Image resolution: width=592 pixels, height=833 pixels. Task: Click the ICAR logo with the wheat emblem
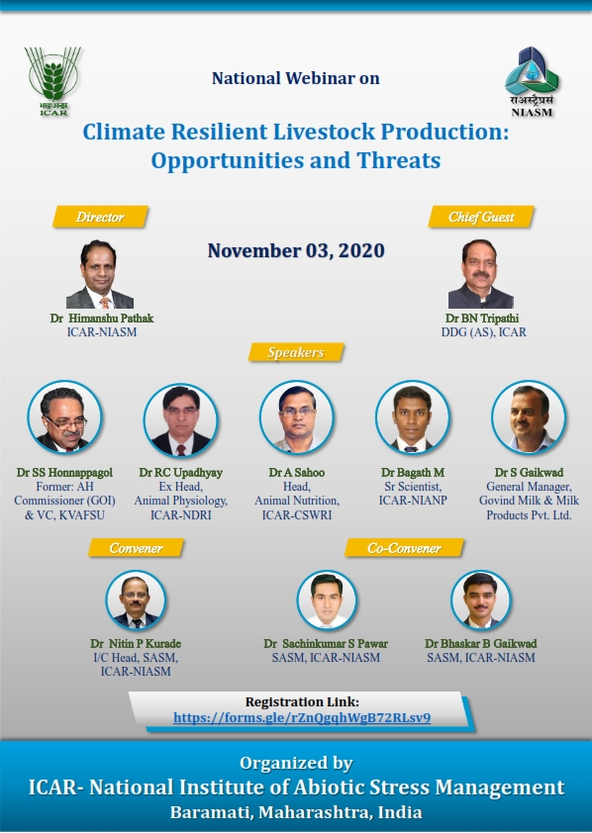coord(52,81)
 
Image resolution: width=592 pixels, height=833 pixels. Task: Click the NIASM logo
coord(532,82)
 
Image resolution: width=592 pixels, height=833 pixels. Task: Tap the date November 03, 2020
coord(296,250)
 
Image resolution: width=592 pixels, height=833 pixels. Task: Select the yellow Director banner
coord(100,217)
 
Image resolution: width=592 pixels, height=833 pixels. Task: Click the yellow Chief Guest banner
coord(481,217)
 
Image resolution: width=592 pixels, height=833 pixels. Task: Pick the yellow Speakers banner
coord(296,352)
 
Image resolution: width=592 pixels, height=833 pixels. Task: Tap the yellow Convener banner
coord(136,548)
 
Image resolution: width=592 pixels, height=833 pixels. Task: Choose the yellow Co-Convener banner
coord(405,548)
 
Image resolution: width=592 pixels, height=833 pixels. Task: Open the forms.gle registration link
coord(302,717)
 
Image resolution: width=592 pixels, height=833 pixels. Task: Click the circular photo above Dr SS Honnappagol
coord(64,417)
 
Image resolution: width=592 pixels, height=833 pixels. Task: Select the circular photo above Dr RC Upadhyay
coord(181,419)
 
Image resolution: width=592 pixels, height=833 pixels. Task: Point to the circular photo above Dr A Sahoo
coord(297,417)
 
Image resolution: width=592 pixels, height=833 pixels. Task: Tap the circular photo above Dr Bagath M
coord(413,417)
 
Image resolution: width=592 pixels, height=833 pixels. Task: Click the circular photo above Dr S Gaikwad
coord(529,417)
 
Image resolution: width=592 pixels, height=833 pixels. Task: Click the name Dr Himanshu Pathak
coord(102,319)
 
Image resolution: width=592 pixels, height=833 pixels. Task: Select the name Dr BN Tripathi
coord(482,319)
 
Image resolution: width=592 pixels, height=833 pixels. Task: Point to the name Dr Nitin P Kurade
coord(136,643)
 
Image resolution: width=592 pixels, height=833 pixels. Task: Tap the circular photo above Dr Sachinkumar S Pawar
coord(327,601)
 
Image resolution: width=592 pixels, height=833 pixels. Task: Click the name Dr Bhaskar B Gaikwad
coord(481,643)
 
